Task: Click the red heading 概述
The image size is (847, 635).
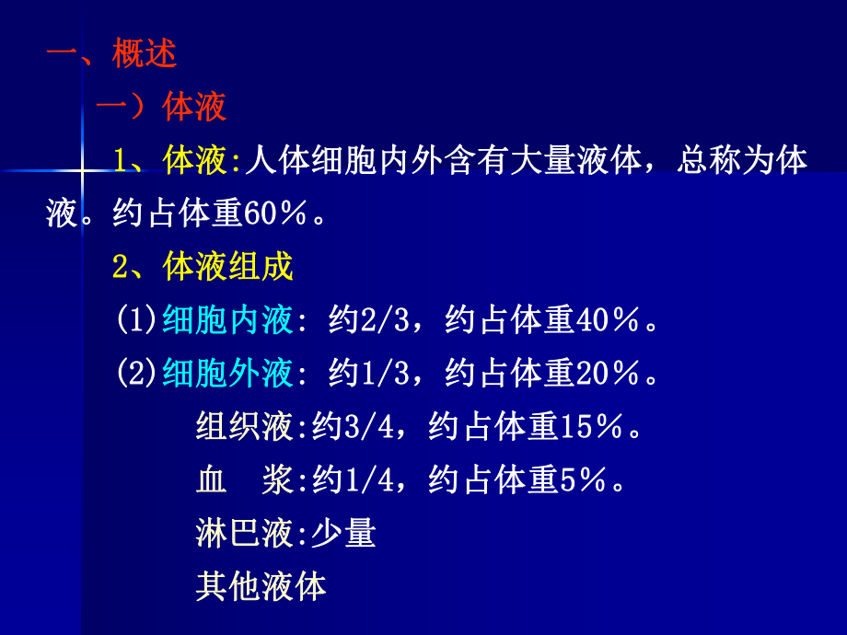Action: pyautogui.click(x=145, y=54)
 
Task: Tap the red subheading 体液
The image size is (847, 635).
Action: pyautogui.click(x=194, y=108)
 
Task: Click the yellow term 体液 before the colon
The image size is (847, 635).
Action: pyautogui.click(x=194, y=161)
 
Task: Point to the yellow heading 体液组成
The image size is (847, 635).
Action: pyautogui.click(x=227, y=267)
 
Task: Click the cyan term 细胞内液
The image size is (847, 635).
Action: pyautogui.click(x=227, y=320)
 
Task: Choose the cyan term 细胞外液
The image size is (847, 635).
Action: pyautogui.click(x=227, y=373)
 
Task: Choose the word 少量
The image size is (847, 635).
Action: pyautogui.click(x=343, y=533)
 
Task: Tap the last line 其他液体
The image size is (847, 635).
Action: pyautogui.click(x=261, y=586)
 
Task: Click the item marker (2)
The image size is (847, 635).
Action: pyautogui.click(x=138, y=373)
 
